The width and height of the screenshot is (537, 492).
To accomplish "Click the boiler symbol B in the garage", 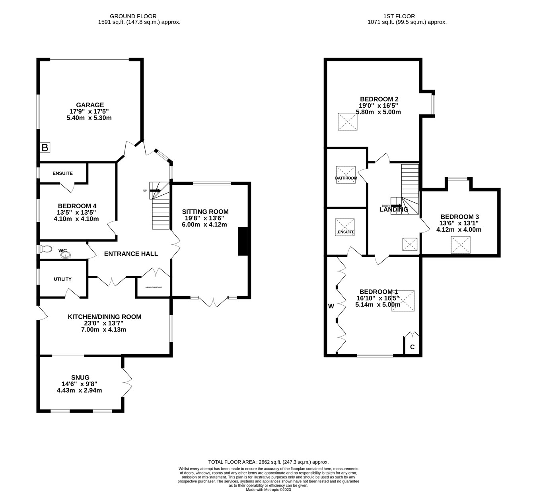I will [x=45, y=148].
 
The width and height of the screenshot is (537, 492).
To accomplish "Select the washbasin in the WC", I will [x=66, y=255].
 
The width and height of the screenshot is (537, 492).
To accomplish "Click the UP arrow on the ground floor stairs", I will [x=155, y=191].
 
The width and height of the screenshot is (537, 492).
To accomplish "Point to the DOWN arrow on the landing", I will [x=396, y=205].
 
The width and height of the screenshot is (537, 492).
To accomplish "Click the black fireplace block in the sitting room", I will [x=243, y=241].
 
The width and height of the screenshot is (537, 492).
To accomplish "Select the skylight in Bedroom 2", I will [x=348, y=122].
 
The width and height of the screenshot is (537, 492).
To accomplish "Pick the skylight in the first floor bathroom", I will [x=346, y=174].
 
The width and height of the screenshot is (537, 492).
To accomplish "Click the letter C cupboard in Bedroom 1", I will [x=412, y=347].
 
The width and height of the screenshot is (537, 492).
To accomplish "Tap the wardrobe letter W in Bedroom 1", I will [x=331, y=306].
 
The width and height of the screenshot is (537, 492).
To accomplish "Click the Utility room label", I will [x=62, y=279].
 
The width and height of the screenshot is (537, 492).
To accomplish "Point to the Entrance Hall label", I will [x=131, y=254].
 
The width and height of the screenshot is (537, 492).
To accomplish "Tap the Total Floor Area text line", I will [x=268, y=462].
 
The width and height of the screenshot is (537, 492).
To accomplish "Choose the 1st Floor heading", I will [x=399, y=16].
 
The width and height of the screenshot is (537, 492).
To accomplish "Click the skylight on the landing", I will [x=410, y=244].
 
